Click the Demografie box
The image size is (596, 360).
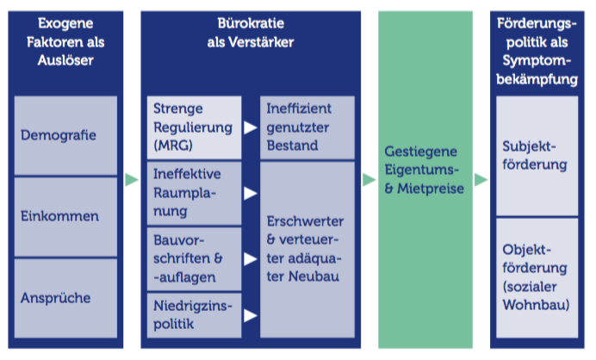coord(65,135)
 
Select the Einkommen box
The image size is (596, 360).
coord(65,217)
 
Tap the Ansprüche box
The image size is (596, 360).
coord(65,298)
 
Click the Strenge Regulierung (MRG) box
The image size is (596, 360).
coord(195,127)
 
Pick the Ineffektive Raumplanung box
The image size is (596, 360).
coord(195,193)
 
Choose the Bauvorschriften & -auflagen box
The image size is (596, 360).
coord(195,259)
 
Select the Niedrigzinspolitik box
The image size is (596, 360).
coord(195,315)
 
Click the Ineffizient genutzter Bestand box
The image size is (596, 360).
coord(307,127)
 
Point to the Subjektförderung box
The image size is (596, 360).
coord(537,156)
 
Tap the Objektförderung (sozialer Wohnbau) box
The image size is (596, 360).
coord(537,278)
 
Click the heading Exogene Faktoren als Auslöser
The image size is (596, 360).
coord(65,42)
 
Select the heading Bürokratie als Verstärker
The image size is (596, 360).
coord(251,33)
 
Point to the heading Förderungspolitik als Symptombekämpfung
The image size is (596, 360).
coord(537,51)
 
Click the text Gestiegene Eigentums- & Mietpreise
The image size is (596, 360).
coord(425,170)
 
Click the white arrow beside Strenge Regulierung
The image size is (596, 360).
coord(251,127)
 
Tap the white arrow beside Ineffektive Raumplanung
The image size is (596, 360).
coord(251,193)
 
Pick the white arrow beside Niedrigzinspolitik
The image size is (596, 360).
coord(251,315)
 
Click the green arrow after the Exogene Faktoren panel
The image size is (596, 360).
coord(132,179)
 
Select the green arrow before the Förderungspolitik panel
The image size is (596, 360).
coord(481,179)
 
